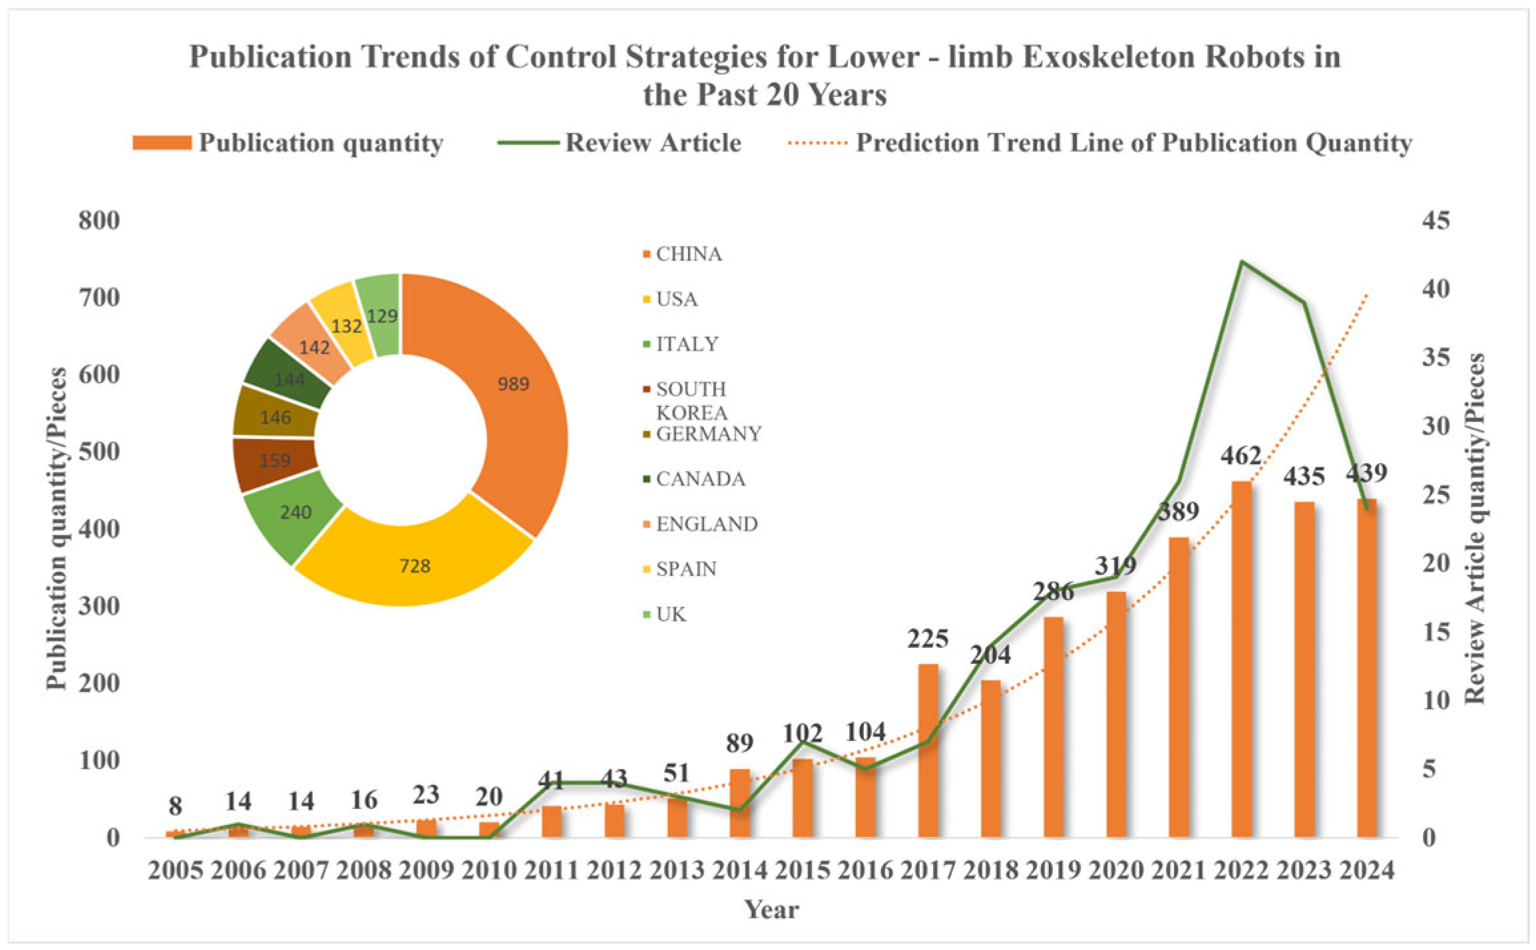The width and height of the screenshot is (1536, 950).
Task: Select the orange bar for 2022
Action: tap(1241, 659)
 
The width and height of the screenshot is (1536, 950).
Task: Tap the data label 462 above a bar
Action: tap(1241, 456)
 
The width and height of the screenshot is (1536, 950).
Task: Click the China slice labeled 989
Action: tap(512, 384)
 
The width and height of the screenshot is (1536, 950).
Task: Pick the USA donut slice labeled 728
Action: tap(415, 566)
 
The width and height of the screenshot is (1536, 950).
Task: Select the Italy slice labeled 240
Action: tap(295, 512)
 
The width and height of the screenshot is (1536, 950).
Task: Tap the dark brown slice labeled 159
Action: tap(275, 460)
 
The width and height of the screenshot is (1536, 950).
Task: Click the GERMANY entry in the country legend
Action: tap(708, 434)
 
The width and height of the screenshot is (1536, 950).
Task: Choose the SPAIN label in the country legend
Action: tap(686, 569)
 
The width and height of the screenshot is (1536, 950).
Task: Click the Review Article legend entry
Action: tap(652, 143)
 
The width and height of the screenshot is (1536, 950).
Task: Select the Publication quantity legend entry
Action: tap(321, 143)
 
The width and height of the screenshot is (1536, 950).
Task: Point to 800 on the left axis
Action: tap(99, 221)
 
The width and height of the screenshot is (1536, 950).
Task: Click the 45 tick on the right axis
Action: tap(1436, 221)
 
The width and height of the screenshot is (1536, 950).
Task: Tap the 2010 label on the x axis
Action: tap(489, 870)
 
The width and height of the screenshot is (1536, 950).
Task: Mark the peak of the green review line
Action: tap(1242, 261)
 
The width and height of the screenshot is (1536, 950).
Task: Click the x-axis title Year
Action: tap(771, 909)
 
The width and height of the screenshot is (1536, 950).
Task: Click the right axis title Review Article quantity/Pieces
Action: tap(1475, 529)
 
